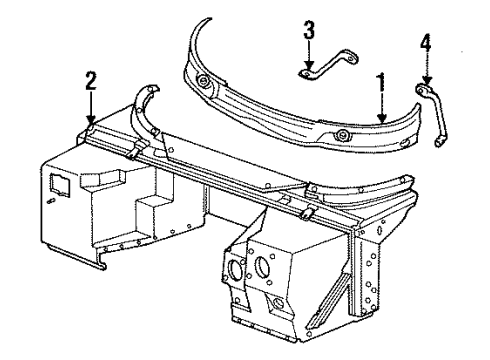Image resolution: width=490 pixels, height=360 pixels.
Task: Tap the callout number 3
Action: click(309, 33)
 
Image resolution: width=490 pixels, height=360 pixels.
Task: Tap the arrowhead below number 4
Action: click(427, 82)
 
